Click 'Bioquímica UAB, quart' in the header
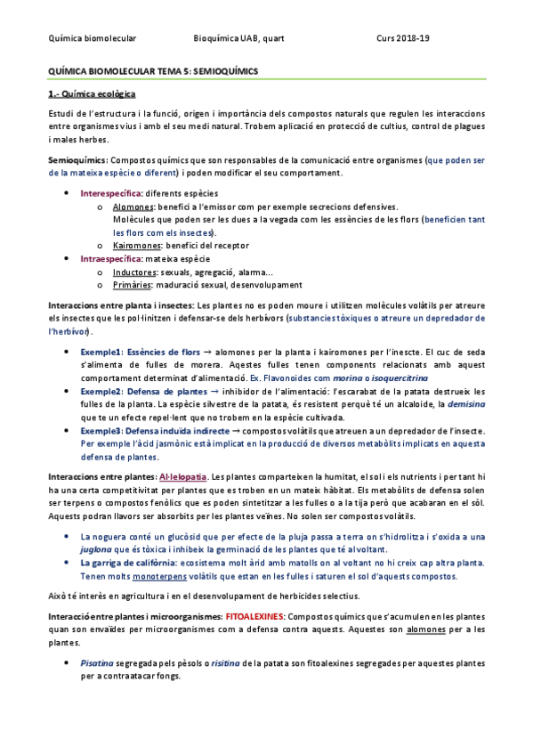pyautogui.click(x=238, y=37)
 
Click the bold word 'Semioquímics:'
pyautogui.click(x=77, y=160)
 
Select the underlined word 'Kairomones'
pyautogui.click(x=137, y=245)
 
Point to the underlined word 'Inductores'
pyautogui.click(x=134, y=271)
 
